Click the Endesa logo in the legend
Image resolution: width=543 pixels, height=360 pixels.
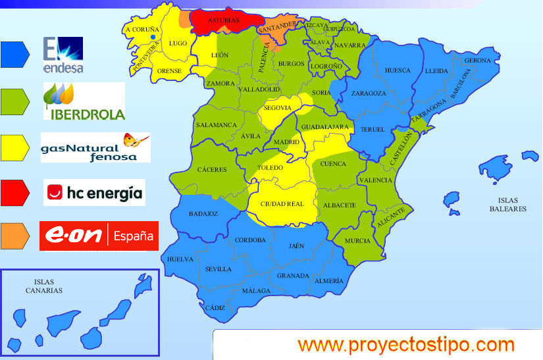coord(63,54)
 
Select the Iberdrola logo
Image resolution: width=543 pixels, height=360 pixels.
coord(84,101)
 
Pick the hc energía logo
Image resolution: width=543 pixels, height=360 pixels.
coord(94,193)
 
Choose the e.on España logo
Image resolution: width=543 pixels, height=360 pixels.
coord(99,236)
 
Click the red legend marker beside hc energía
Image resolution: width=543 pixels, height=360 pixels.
coord(16,193)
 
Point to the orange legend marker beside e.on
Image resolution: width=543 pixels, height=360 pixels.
coord(16,236)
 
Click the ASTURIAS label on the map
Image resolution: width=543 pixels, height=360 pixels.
coord(224,20)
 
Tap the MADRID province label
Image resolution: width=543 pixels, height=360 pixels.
coord(286,141)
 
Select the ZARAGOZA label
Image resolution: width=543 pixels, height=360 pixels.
coord(369,93)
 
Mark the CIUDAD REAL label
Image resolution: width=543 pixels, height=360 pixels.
coord(282,204)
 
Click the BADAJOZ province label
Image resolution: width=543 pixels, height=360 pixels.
coord(203,213)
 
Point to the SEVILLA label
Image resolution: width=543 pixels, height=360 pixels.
coord(219,269)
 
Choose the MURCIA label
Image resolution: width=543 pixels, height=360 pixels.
coord(357,240)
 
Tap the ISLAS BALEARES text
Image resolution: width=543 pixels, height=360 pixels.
coord(507,204)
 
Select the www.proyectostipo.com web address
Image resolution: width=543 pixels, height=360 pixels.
coord(405,344)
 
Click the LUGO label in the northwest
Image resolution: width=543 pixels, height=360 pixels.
coord(178,43)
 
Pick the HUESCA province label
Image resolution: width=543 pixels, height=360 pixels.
coord(397,70)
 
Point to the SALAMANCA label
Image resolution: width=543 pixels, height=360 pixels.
coord(216,125)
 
